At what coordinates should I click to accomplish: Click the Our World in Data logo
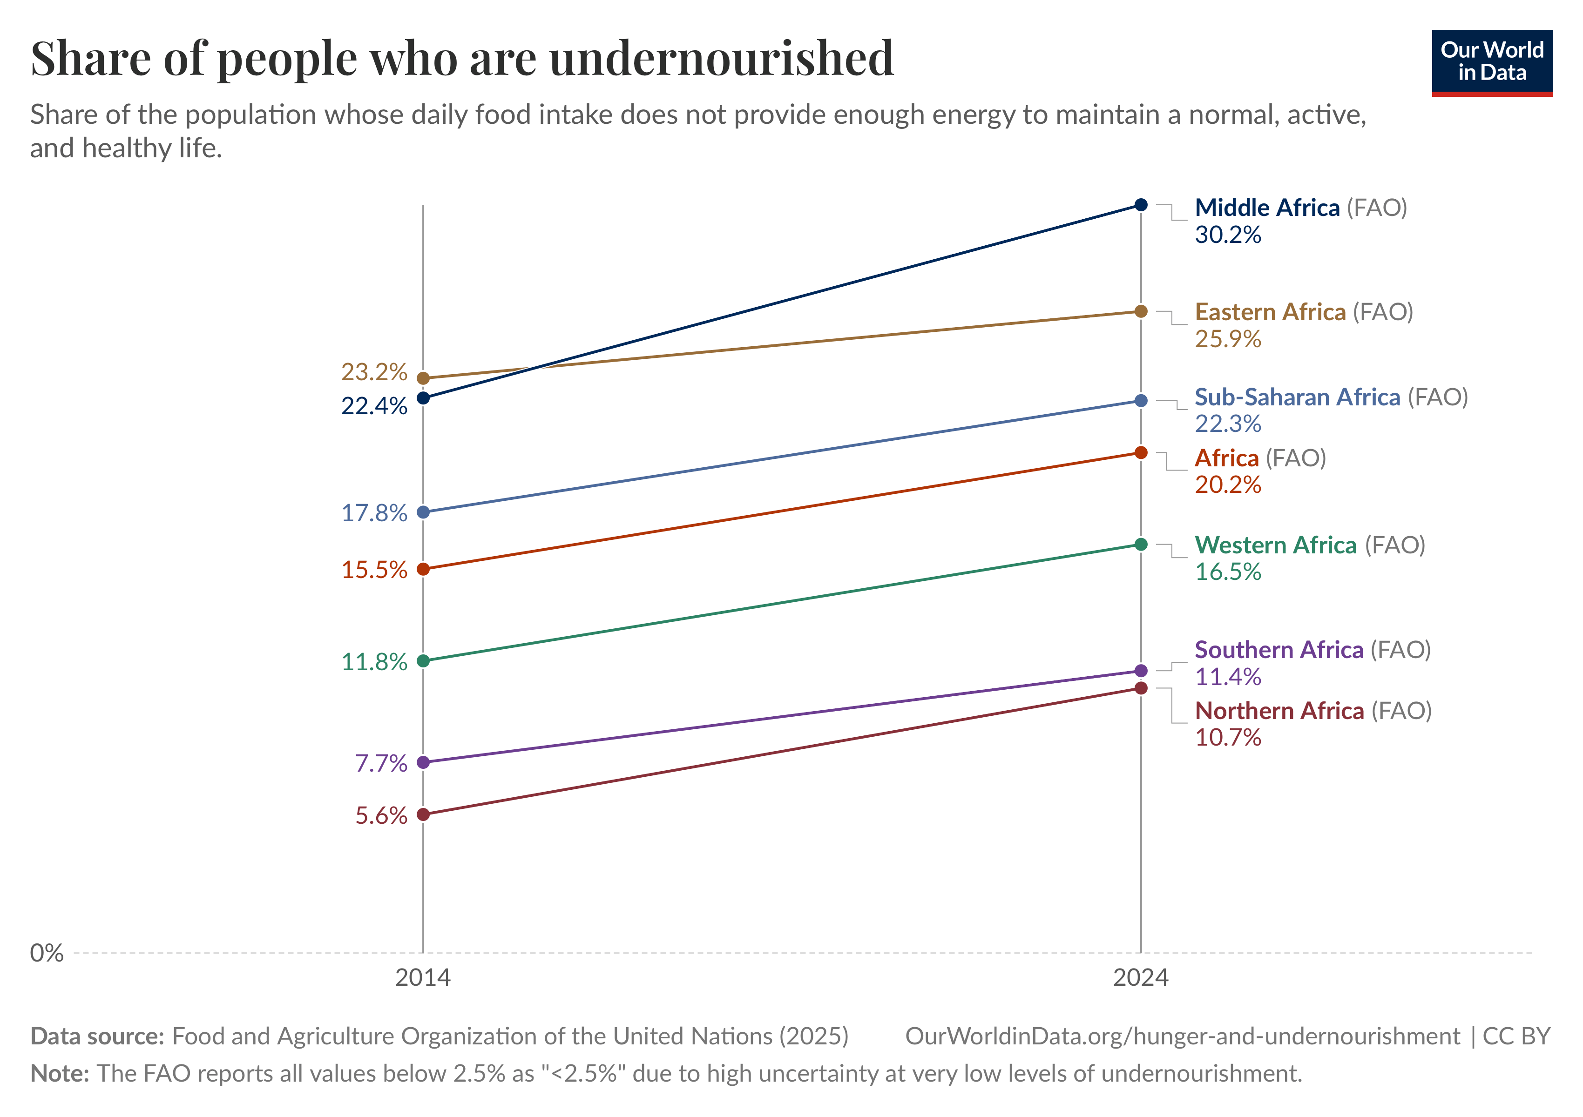click(x=1492, y=63)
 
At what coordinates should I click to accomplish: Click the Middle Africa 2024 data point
click(x=1141, y=205)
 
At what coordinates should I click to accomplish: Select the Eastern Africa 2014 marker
click(x=423, y=378)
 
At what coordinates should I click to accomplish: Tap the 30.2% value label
click(x=1228, y=235)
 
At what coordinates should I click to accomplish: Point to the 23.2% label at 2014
click(x=374, y=372)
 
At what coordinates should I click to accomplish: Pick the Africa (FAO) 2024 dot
click(x=1141, y=453)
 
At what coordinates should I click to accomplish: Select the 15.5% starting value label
click(x=374, y=570)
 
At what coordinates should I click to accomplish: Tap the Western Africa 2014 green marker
click(x=423, y=661)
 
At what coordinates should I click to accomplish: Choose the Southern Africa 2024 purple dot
click(x=1141, y=671)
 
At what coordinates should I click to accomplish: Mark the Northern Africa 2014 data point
click(x=423, y=814)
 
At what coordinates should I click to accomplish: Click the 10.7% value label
click(x=1228, y=737)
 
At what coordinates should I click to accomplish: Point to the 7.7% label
click(x=381, y=763)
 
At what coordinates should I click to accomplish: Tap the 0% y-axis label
click(x=47, y=953)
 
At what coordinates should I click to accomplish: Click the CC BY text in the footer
click(x=1517, y=1036)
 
